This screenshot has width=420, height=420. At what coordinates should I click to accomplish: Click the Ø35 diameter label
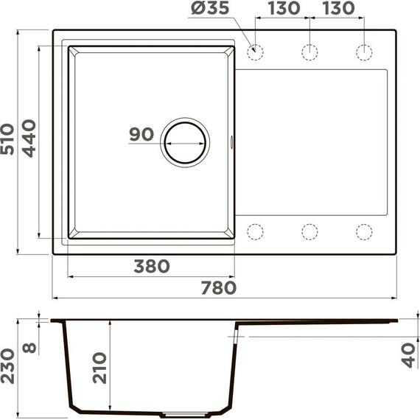211,10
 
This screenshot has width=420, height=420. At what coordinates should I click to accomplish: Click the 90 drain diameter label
141,135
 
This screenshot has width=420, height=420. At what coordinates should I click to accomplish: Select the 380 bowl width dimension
152,266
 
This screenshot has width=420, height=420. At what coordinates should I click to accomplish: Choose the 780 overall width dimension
219,287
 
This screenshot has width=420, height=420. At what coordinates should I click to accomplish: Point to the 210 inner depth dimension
99,368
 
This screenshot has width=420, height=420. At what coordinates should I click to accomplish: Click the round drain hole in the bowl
185,141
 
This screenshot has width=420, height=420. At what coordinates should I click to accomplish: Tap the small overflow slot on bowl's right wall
234,140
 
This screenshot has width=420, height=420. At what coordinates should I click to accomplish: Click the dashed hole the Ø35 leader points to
256,52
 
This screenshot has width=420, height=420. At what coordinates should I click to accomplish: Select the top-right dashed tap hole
364,52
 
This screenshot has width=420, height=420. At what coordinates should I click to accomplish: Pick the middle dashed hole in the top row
309,52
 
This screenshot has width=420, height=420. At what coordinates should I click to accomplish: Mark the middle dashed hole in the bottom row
309,231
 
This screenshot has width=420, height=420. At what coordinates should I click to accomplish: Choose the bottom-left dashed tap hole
256,231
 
